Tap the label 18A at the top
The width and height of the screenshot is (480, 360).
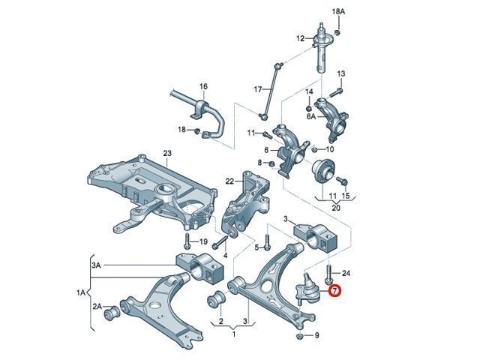[338, 12]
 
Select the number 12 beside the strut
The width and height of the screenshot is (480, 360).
[300, 38]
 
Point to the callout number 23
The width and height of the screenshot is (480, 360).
[166, 154]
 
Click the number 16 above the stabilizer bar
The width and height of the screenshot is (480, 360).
[202, 87]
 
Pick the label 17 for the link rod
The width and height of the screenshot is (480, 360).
[258, 89]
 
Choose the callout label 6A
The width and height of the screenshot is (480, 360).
[310, 117]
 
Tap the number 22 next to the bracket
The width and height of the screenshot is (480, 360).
[229, 181]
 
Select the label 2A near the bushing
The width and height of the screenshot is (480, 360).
[97, 307]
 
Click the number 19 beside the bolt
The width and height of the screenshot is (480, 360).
[202, 241]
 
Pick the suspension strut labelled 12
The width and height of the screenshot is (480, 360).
[324, 49]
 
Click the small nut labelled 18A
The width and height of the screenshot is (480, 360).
[338, 32]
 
